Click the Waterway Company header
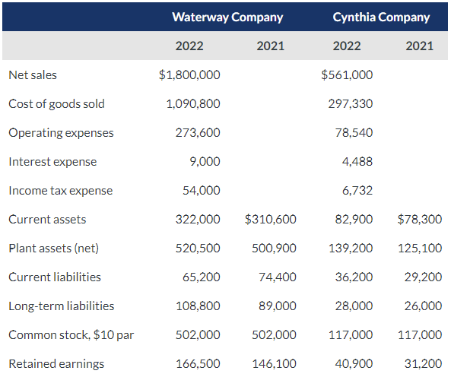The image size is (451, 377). coord(227,17)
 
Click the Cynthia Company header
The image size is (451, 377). coord(381,17)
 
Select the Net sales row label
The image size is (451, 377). coord(33,74)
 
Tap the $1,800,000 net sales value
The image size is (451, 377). coord(189,74)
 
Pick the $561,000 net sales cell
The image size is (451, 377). coord(347,74)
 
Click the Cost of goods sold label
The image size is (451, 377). coord(56,103)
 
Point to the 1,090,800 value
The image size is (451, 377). coord(193,103)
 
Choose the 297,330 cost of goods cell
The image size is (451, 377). coord(351,103)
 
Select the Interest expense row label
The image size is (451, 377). coord(52,161)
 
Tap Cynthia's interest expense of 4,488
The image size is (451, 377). coord(357,161)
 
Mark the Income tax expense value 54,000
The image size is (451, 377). coord(202,190)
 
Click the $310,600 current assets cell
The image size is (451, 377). coord(271,219)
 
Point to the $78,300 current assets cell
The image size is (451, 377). coord(420,219)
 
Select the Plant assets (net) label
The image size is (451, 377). coord(53,248)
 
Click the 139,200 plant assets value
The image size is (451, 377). coord(354,248)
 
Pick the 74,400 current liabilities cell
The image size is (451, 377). coord(278,277)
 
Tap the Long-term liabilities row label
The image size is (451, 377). coord(62,306)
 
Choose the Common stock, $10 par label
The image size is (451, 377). coord(71,334)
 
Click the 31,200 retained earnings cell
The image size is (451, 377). coord(423,363)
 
